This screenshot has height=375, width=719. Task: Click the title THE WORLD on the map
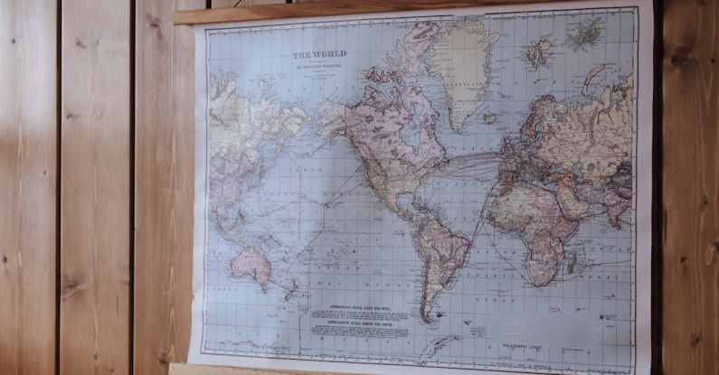coord(319,54)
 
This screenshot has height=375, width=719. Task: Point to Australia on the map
coord(251,264)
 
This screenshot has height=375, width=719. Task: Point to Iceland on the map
coord(489,118)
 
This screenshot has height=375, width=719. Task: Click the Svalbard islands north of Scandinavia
coord(540,52)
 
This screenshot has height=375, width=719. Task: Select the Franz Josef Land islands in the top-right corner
coord(586,34)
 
